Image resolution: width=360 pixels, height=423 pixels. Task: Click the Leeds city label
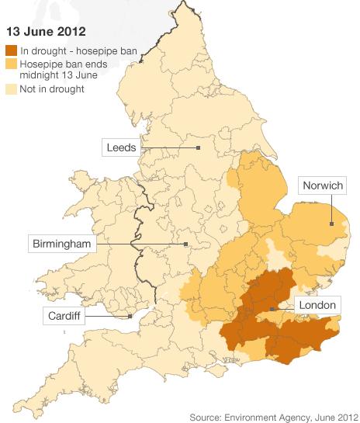click(121, 146)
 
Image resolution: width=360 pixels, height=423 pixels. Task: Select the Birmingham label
click(61, 244)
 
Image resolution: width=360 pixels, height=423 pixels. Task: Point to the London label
click(316, 306)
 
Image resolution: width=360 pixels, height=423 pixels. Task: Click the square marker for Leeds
click(199, 147)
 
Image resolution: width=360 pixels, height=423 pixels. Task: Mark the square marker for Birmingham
click(185, 244)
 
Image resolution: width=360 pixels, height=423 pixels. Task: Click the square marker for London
click(272, 309)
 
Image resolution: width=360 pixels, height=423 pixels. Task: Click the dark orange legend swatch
click(12, 51)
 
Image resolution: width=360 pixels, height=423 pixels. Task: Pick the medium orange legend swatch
click(12, 64)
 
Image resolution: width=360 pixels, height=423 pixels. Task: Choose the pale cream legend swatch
click(12, 89)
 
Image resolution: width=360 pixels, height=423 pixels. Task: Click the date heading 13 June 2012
click(46, 33)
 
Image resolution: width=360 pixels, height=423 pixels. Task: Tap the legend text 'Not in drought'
click(53, 89)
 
